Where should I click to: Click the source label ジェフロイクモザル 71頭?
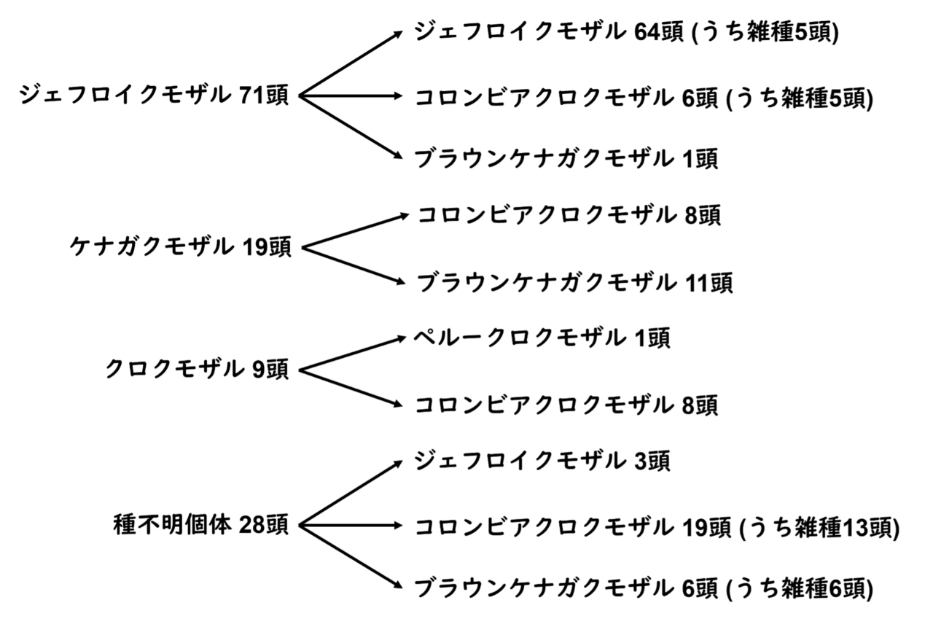click(154, 96)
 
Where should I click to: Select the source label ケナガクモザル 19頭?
click(180, 247)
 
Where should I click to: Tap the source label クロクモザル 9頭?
click(197, 369)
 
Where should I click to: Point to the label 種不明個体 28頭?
click(200, 525)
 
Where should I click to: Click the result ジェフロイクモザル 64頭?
click(549, 32)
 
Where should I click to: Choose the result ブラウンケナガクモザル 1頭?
click(566, 159)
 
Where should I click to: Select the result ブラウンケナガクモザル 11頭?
click(575, 282)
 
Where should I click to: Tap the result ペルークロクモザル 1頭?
click(542, 337)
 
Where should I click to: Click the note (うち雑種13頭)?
click(819, 527)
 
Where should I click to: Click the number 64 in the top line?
click(647, 33)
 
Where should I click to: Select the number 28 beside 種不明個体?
click(252, 526)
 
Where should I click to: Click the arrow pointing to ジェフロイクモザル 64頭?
click(351, 63)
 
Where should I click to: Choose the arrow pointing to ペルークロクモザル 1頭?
click(352, 354)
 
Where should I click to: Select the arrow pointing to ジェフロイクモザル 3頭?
click(351, 493)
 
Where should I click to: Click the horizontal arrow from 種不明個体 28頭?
click(351, 526)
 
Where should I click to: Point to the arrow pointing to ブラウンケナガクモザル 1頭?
click(351, 128)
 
